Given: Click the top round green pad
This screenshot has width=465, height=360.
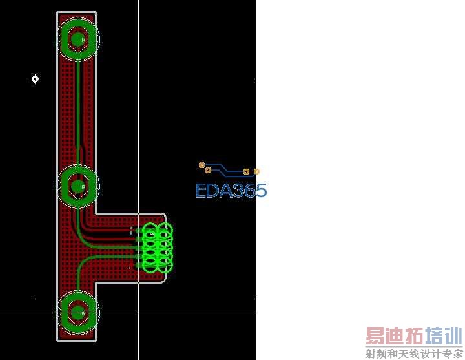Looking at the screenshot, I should (77, 39).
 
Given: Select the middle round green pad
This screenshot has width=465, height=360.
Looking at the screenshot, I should (77, 187).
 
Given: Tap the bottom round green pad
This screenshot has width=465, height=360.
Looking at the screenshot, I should (77, 313).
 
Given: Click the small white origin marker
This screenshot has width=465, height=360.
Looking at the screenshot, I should (36, 79).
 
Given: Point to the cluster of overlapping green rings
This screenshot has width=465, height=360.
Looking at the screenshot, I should (157, 247).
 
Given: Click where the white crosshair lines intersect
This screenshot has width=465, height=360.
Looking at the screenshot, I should (138, 312).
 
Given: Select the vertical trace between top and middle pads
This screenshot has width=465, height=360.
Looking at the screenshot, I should (78, 110).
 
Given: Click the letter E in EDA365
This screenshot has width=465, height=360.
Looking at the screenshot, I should (201, 191).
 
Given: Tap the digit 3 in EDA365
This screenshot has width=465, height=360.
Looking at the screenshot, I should (235, 191).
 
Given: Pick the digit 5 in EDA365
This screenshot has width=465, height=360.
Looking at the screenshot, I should (260, 191).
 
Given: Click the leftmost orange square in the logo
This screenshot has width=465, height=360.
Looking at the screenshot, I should (201, 165).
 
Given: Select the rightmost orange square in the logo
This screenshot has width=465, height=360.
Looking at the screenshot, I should (256, 171).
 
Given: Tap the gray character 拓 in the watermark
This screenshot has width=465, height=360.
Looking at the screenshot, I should (413, 337).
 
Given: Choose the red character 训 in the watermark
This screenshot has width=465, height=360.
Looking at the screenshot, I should (453, 337).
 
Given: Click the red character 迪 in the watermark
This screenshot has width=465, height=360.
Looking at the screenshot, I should (394, 337).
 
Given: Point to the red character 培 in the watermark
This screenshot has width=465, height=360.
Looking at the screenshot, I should (433, 337).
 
